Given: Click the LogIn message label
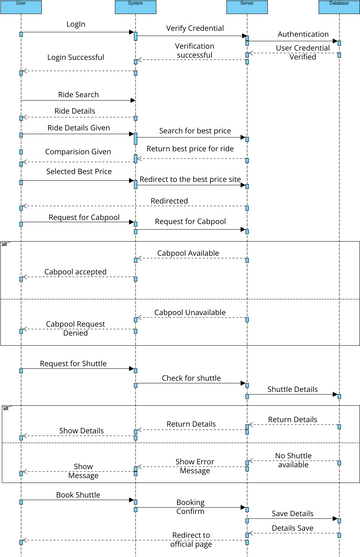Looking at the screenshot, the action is pos(76,23).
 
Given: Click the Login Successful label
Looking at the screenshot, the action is pos(76,58).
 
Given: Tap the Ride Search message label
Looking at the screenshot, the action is pos(76,93).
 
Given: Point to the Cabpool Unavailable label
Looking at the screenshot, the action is pos(190,312).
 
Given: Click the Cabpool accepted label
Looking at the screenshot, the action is pos(76,272).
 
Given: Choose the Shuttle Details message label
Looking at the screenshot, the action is pos(292,388).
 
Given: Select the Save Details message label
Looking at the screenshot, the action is pos(292,513).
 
